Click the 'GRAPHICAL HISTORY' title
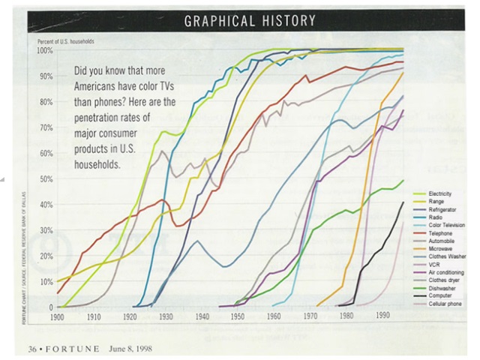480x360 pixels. coord(250,20)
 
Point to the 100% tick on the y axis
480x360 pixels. coord(45,50)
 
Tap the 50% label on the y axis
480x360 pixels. coord(46,178)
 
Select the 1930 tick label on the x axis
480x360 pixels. coord(166,316)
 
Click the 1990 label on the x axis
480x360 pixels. coord(381,316)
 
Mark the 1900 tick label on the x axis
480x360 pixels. coord(56,316)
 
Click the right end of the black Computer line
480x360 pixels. coord(403,202)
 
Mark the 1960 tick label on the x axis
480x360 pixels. coord(273,316)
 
